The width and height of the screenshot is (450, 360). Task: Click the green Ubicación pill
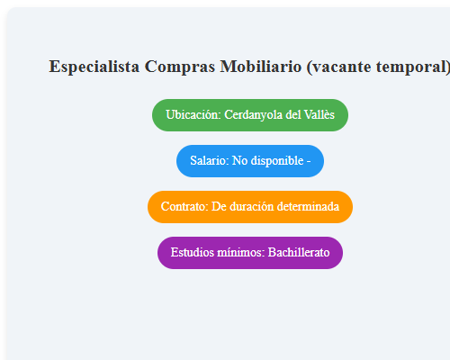(250, 115)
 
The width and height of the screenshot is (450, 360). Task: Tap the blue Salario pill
(250, 161)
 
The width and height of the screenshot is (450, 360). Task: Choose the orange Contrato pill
(250, 207)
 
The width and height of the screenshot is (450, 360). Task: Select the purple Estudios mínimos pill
(250, 253)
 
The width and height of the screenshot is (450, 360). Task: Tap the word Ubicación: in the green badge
(193, 115)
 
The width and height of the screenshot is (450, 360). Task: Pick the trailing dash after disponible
(309, 161)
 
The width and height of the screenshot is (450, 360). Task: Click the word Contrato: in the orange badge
(184, 207)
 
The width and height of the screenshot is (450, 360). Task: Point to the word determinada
(309, 207)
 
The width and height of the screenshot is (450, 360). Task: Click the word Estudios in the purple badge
(192, 253)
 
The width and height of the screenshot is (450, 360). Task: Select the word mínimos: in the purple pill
(240, 253)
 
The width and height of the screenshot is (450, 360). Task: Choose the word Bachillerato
(299, 253)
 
